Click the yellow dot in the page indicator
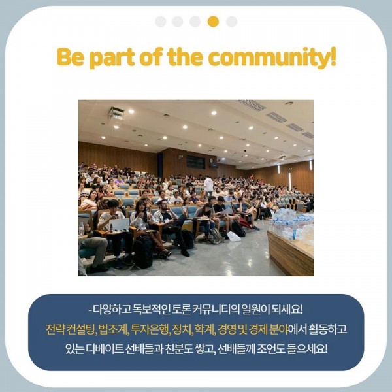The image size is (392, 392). tap(213, 22)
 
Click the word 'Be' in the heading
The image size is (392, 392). tap(71, 57)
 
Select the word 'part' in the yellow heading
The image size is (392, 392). tap(112, 58)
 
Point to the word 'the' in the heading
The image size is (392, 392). tap(184, 57)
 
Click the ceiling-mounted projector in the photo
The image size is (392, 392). tap(116, 114)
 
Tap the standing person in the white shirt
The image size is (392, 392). tap(208, 186)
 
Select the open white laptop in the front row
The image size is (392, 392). tap(120, 225)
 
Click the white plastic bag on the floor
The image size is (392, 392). tap(234, 237)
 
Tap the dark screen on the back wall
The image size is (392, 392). tap(196, 162)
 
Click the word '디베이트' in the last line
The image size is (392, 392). tap(105, 349)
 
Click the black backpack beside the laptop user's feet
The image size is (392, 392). tap(143, 252)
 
